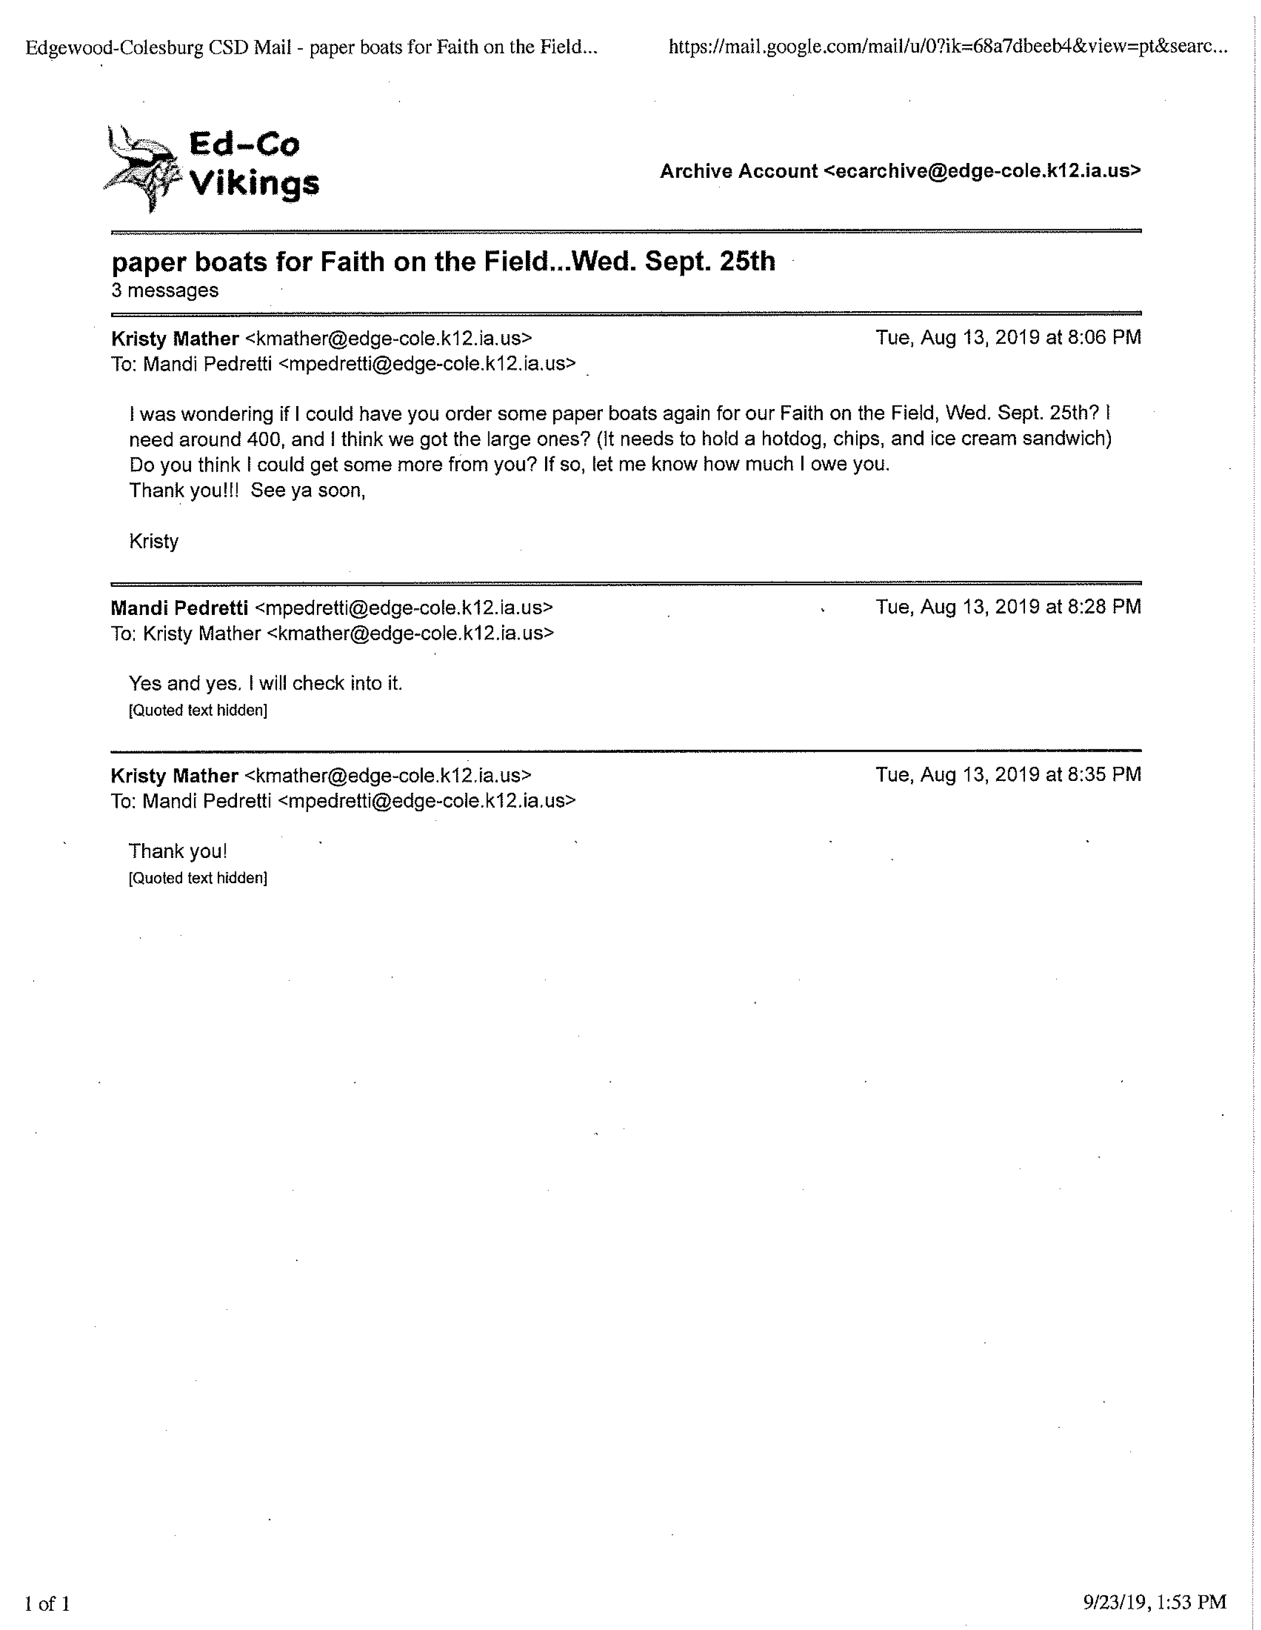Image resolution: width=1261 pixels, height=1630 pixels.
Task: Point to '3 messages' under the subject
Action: click(165, 290)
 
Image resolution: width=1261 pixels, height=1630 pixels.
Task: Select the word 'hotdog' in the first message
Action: click(791, 439)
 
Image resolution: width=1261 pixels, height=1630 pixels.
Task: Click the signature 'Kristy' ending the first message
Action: click(154, 541)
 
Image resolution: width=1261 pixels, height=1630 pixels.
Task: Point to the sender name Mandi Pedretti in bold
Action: click(179, 608)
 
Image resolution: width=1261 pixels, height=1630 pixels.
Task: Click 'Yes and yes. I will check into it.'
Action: click(265, 684)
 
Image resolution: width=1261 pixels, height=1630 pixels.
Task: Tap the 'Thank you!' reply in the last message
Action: click(178, 852)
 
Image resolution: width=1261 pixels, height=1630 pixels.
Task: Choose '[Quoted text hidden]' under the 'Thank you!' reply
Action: click(197, 878)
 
